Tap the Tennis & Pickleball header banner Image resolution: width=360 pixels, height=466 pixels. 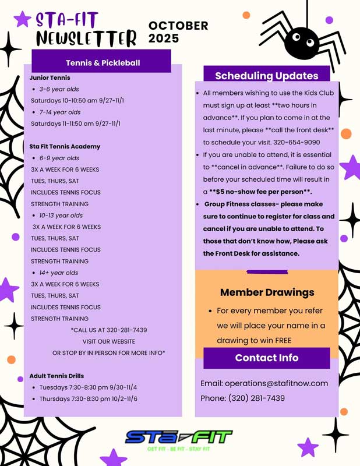pyautogui.click(x=102, y=62)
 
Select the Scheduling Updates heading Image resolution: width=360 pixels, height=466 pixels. pyautogui.click(x=267, y=76)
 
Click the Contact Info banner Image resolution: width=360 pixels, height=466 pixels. pyautogui.click(x=267, y=358)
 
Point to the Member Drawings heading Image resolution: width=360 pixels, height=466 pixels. pyautogui.click(x=267, y=292)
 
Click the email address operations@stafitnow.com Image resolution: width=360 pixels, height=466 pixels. pyautogui.click(x=264, y=383)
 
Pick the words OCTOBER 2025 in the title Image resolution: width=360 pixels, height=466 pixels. pyautogui.click(x=178, y=32)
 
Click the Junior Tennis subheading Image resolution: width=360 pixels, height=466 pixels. pyautogui.click(x=50, y=77)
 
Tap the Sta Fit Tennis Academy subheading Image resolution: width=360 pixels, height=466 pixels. pyautogui.click(x=65, y=146)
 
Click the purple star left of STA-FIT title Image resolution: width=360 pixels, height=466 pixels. pyautogui.click(x=22, y=19)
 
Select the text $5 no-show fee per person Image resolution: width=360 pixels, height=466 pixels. pyautogui.click(x=260, y=191)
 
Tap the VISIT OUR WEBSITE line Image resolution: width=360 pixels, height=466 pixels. pyautogui.click(x=108, y=341)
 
